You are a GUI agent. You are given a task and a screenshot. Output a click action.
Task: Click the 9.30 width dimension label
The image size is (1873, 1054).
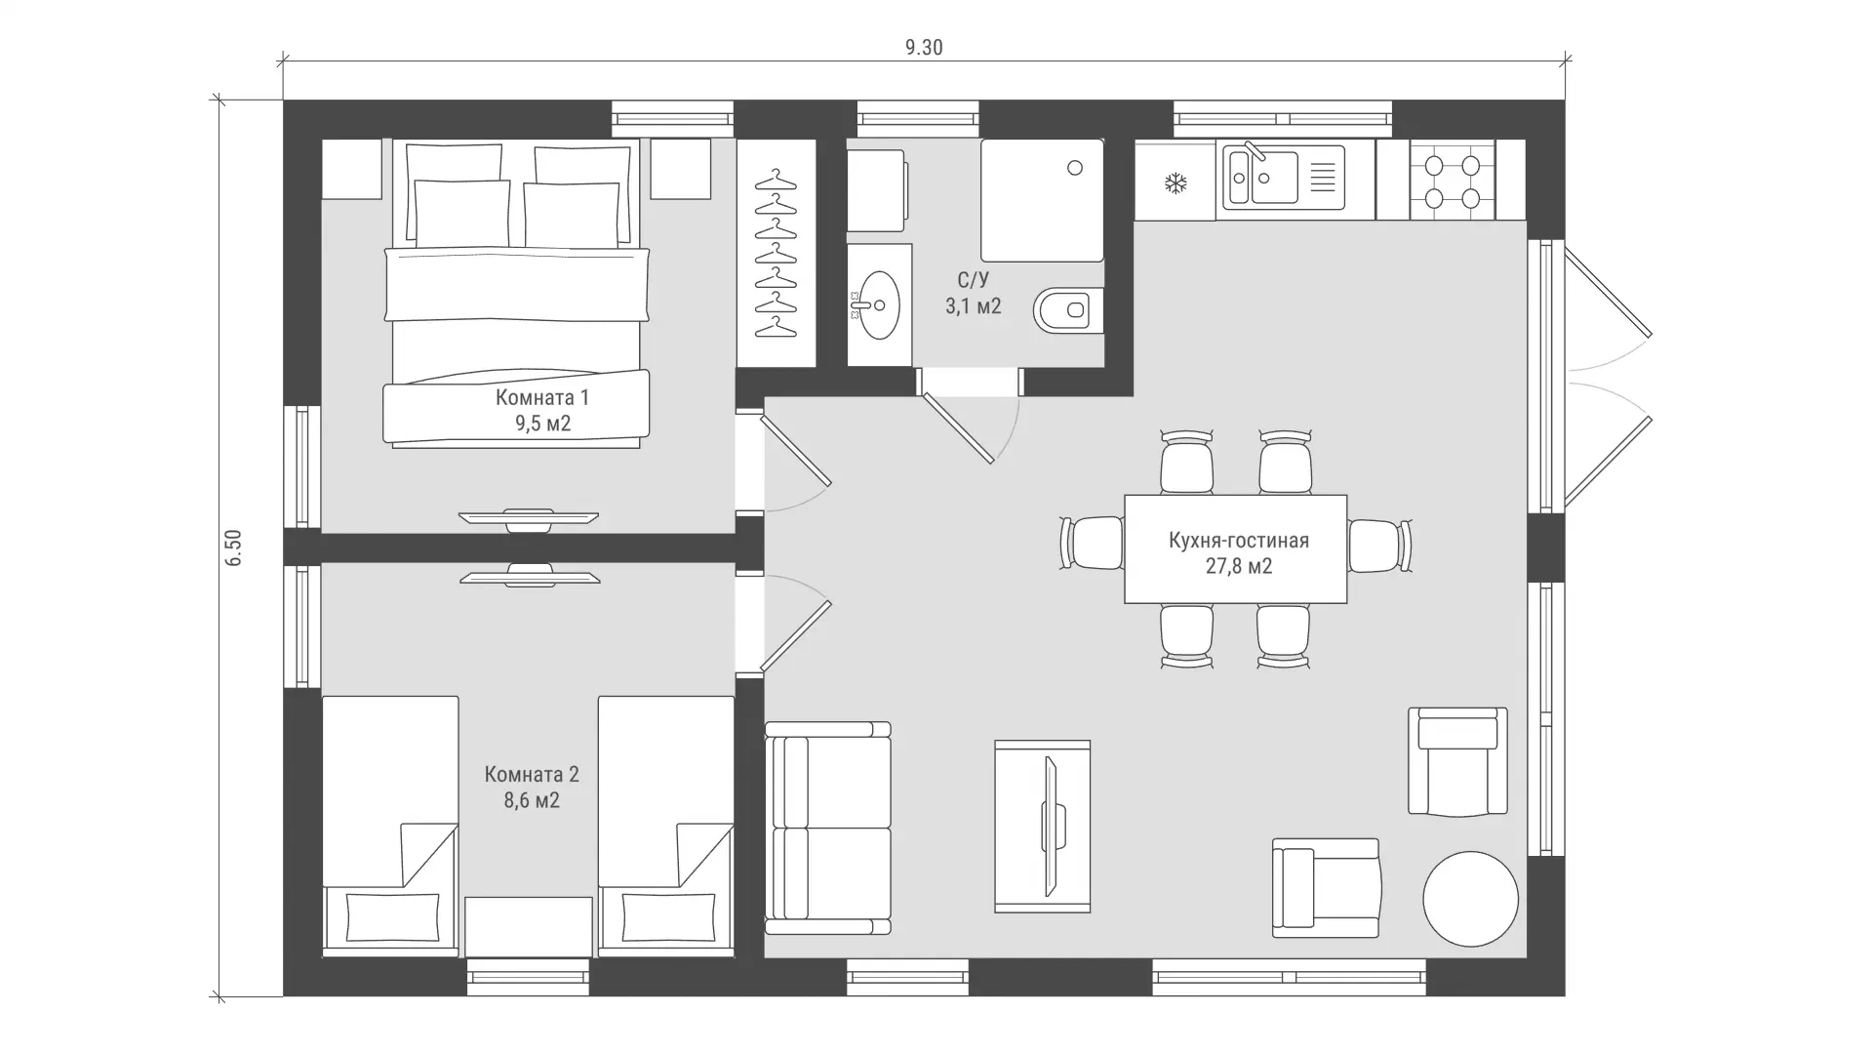tap(924, 48)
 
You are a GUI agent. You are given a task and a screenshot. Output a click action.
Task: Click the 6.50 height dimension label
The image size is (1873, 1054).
tap(232, 547)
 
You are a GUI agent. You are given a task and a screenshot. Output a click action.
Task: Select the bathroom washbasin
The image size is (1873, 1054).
tap(879, 305)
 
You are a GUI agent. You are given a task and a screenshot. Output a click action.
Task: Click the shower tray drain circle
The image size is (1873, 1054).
tap(1075, 168)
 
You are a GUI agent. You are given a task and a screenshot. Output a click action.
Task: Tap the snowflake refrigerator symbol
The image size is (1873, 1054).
tap(1176, 182)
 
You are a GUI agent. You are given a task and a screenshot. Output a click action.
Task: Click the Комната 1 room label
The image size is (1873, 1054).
tap(542, 397)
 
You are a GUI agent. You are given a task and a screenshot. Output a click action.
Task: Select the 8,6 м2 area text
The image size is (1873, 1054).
tap(533, 801)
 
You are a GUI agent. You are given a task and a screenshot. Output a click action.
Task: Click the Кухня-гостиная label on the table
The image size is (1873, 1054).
tap(1239, 541)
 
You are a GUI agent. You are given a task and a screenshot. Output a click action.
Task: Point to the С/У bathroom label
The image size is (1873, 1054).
tap(973, 281)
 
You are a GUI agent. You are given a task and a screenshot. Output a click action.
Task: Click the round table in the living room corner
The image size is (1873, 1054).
tap(1470, 899)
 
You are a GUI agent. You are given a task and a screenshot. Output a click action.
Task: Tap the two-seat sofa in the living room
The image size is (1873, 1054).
tap(828, 828)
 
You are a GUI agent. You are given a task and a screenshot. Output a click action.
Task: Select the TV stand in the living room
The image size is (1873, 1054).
tap(1042, 827)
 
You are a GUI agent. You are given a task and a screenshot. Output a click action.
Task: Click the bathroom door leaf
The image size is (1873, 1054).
tap(958, 428)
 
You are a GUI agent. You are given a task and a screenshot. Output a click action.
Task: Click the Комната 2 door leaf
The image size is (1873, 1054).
tap(796, 636)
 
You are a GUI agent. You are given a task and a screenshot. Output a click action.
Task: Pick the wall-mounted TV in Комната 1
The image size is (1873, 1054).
tap(529, 518)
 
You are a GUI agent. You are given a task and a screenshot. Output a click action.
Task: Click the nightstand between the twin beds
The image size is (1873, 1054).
tap(529, 927)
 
